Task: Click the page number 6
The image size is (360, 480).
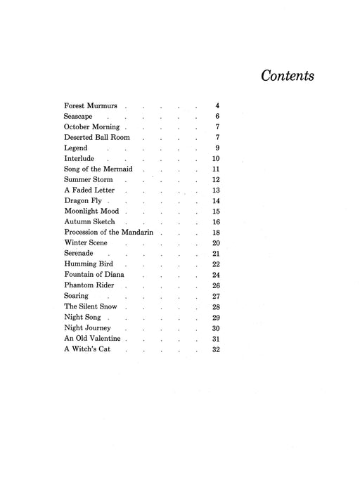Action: (x=218, y=117)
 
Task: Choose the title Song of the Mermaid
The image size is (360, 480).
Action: (x=98, y=169)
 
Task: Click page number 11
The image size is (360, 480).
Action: (x=216, y=169)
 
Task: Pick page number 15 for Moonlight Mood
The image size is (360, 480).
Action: (x=216, y=212)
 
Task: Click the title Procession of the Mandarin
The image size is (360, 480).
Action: (x=110, y=233)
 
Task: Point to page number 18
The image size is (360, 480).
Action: (x=216, y=233)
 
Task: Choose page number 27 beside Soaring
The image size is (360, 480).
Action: (x=216, y=297)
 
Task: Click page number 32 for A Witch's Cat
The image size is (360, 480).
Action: (x=216, y=349)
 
